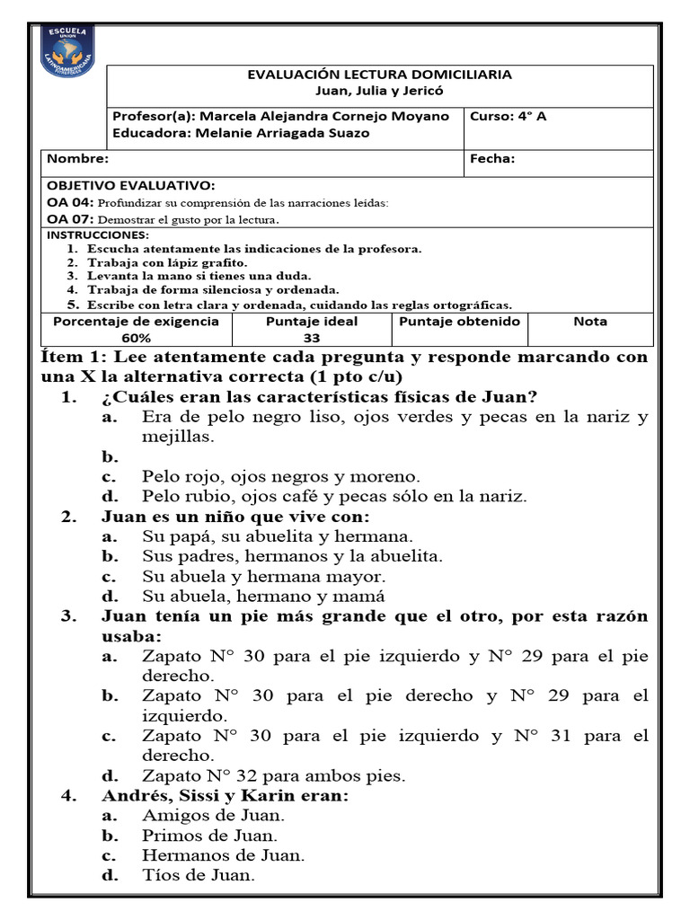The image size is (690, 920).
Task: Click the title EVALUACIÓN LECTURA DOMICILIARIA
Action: click(x=379, y=75)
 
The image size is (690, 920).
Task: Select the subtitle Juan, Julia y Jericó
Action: click(x=379, y=91)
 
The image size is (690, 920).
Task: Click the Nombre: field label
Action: click(x=78, y=159)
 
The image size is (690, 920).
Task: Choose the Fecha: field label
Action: click(x=492, y=159)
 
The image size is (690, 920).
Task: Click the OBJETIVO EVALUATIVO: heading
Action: click(x=131, y=186)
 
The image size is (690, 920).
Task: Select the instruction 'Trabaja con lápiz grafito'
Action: click(x=167, y=262)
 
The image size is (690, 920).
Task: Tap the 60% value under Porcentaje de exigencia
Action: click(x=137, y=338)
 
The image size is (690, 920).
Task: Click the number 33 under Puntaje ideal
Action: click(x=312, y=338)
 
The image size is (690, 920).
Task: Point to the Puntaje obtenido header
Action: click(x=459, y=322)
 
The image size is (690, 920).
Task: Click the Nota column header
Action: click(x=589, y=322)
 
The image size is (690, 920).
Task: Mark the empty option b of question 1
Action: click(x=110, y=456)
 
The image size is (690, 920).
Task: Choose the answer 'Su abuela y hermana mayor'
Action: click(x=263, y=576)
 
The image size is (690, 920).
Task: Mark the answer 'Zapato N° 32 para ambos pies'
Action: click(x=273, y=775)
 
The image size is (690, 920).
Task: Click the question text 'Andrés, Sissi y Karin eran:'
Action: click(x=225, y=796)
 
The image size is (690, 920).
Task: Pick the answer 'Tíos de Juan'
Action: click(x=199, y=875)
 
